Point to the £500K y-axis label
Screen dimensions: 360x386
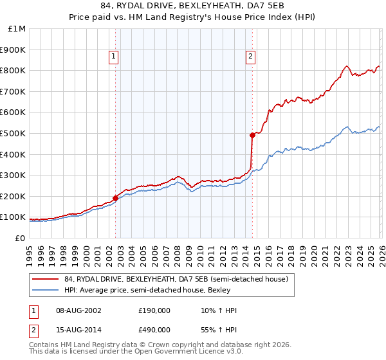[14, 133]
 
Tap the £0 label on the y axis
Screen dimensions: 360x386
[21, 238]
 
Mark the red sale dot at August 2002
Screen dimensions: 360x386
[116, 198]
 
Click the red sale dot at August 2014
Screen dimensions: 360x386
[252, 135]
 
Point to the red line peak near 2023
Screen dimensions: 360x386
[346, 66]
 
